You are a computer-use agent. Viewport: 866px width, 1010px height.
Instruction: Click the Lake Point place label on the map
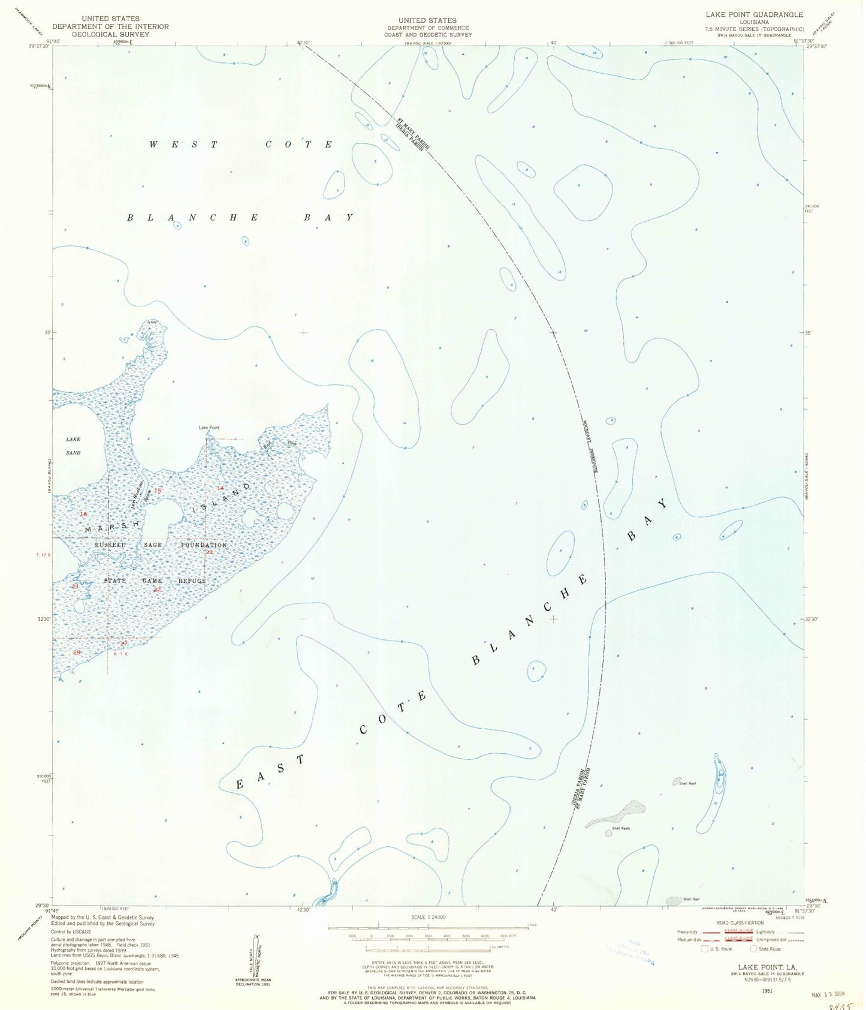click(209, 428)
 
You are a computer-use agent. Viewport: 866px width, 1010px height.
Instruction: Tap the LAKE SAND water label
click(73, 446)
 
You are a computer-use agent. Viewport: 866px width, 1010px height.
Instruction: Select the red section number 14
click(221, 488)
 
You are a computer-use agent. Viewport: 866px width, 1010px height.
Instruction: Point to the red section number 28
click(76, 652)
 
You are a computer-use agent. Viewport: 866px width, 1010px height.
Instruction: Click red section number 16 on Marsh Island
click(83, 515)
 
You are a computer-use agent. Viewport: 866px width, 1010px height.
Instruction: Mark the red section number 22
click(157, 589)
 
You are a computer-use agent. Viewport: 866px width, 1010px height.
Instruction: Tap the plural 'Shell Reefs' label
click(620, 828)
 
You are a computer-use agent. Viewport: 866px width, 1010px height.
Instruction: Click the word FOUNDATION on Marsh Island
click(204, 545)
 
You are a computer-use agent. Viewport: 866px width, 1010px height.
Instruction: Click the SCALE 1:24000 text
click(427, 917)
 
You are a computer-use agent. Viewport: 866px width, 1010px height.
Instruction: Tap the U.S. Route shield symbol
click(704, 949)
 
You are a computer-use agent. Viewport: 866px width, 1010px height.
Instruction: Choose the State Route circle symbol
click(754, 949)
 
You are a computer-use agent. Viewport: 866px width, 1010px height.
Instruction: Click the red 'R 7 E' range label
click(121, 654)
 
